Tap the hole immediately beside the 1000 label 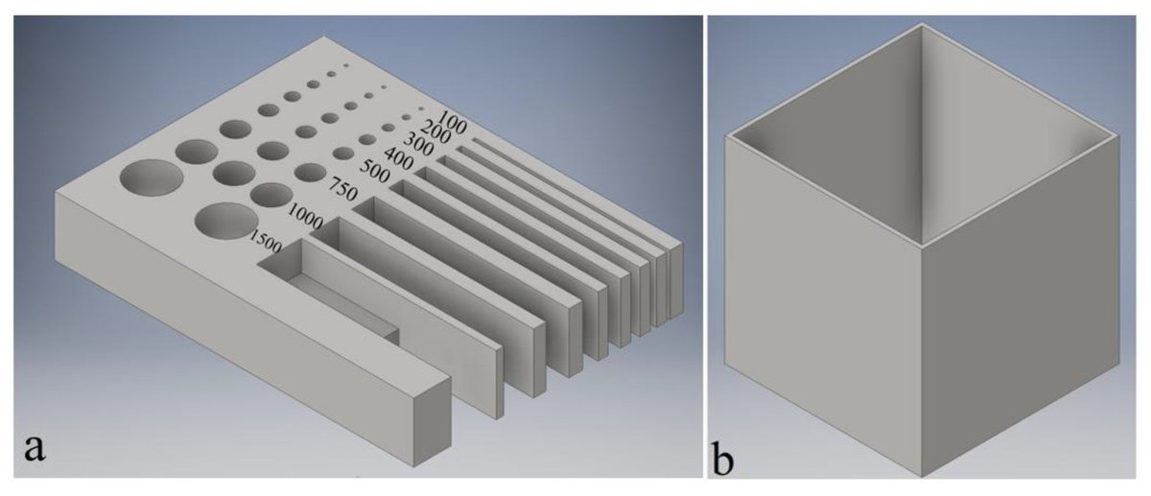(x=270, y=194)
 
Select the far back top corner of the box (x=922, y=23)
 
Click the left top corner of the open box (x=726, y=135)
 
